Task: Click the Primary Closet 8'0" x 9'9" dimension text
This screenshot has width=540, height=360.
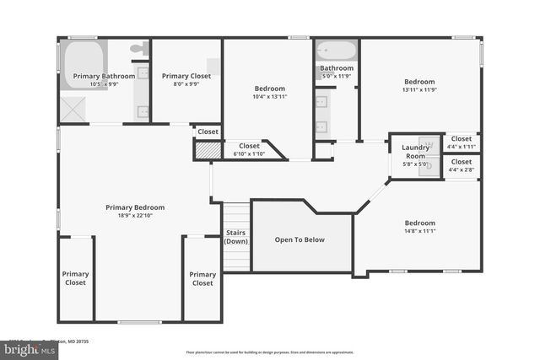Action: (186, 83)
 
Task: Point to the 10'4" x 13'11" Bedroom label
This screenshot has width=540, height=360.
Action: (270, 96)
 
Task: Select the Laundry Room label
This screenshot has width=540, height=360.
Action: (414, 152)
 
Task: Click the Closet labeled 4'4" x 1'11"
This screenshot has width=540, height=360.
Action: (461, 142)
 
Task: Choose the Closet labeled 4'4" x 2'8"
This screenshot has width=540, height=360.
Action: (461, 165)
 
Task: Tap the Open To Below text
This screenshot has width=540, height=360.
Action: (300, 239)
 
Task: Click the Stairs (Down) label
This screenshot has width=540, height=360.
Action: (236, 237)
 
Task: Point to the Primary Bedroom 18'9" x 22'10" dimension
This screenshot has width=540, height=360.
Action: (135, 215)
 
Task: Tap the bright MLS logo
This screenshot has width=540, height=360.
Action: (28, 348)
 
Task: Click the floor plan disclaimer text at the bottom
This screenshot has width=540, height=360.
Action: (270, 352)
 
